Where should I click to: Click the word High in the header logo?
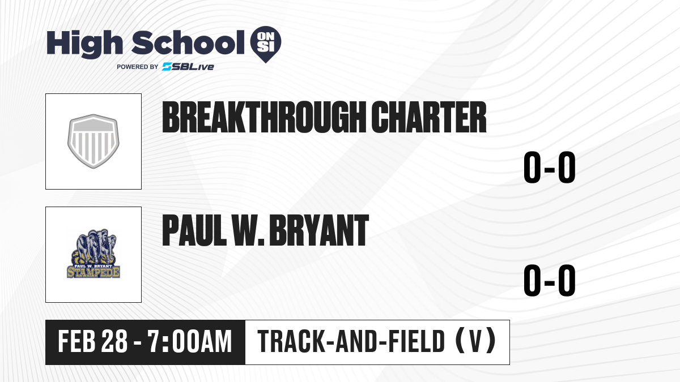tap(84, 44)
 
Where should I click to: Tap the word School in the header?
tap(188, 42)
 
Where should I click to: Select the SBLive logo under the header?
tap(188, 67)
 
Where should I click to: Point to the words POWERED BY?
tap(138, 67)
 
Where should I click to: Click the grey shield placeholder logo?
tap(93, 141)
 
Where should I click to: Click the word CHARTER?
tap(429, 117)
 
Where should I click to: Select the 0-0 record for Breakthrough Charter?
tap(550, 168)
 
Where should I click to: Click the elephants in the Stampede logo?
tap(94, 246)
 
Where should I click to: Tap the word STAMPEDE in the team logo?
tap(93, 272)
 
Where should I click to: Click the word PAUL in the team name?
tap(194, 230)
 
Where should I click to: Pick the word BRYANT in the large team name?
tap(319, 230)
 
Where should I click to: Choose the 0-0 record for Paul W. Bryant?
tap(550, 281)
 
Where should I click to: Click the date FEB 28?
tap(92, 342)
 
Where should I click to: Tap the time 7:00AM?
tap(190, 342)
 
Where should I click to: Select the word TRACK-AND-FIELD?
tap(351, 342)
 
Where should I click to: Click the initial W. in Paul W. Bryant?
tap(248, 230)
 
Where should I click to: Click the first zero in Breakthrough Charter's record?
tap(532, 168)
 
